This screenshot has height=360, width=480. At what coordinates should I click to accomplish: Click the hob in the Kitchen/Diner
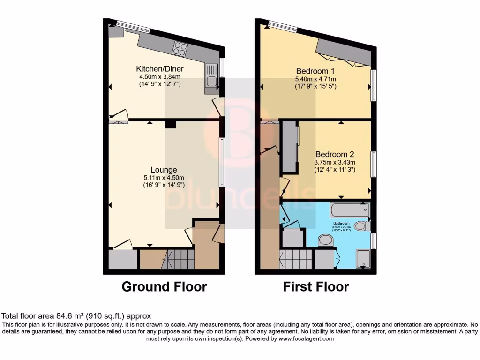click(180, 48)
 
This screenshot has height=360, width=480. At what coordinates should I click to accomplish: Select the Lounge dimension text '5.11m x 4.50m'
click(164, 178)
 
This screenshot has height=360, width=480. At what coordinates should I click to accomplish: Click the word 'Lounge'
click(164, 170)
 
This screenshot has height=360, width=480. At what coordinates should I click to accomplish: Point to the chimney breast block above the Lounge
click(170, 124)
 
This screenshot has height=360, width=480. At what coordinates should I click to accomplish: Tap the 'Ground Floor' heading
click(164, 286)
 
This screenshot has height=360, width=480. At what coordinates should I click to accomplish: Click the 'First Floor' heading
click(316, 286)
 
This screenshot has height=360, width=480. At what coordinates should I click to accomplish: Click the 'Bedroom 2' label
click(334, 154)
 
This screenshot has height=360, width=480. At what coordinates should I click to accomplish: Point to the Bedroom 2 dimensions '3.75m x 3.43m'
click(335, 162)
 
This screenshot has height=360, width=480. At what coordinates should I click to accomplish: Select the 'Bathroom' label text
click(341, 223)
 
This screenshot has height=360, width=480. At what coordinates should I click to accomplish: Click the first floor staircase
click(295, 259)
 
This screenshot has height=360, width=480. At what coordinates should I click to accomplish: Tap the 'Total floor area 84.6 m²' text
click(76, 316)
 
